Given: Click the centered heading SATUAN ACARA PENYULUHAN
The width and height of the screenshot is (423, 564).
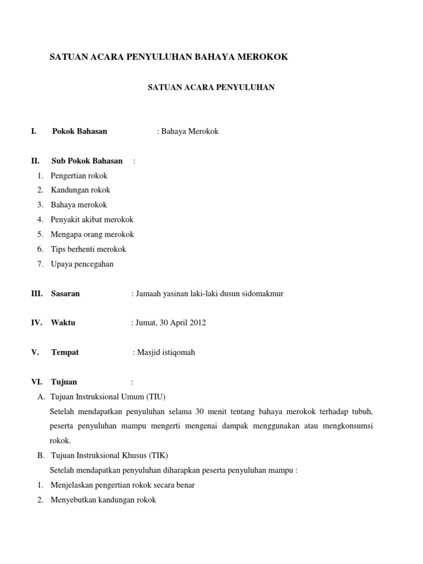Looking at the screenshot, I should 211,87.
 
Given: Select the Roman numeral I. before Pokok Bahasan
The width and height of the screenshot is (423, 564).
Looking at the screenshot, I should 34,131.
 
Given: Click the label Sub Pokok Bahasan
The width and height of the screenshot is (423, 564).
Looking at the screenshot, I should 87,161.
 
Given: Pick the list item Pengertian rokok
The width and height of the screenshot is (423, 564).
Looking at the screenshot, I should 79,176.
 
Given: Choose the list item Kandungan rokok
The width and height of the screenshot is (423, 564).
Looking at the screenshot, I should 80,190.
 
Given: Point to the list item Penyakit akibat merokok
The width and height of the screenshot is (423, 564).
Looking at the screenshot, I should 92,220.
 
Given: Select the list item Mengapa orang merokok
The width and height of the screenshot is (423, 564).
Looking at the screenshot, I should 92,234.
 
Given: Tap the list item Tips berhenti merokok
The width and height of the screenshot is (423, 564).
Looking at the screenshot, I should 88,249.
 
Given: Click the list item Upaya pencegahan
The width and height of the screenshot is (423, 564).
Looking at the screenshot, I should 82,264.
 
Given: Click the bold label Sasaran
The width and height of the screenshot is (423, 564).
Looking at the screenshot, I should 66,294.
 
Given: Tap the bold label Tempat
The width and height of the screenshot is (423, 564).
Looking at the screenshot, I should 65,352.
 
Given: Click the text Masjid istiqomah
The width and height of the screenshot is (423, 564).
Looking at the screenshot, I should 166,352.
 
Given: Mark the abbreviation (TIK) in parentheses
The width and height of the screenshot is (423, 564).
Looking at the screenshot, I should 158,455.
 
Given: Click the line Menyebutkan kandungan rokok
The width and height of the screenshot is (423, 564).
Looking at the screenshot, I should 104,500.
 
